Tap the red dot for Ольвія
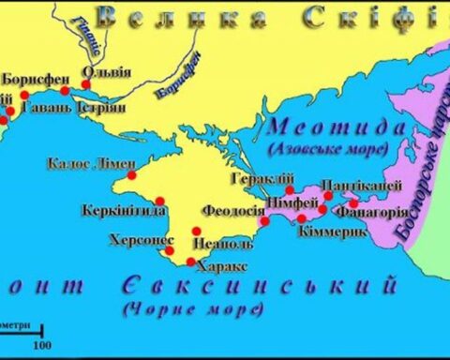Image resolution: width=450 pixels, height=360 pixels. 86,84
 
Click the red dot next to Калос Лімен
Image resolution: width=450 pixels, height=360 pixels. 131,175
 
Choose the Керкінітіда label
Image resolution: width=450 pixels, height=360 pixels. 116,208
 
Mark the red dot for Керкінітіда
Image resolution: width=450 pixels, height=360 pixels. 161,200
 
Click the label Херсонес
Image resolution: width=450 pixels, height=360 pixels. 141,239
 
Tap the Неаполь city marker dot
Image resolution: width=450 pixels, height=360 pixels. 197,231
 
